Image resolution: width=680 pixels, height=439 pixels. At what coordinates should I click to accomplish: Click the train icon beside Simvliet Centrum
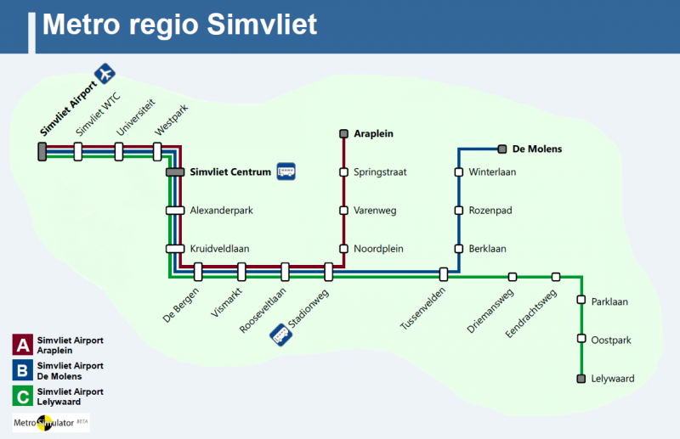click(x=286, y=172)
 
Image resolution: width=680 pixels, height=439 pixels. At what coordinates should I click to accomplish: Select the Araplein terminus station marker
click(x=343, y=133)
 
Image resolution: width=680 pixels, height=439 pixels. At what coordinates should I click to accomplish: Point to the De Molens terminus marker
click(x=502, y=149)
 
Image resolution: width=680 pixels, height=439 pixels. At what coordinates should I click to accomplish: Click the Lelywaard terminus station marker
click(x=581, y=379)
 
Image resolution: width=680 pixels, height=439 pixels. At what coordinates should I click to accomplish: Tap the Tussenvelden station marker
click(x=444, y=273)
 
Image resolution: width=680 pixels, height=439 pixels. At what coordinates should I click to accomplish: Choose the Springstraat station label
click(x=380, y=172)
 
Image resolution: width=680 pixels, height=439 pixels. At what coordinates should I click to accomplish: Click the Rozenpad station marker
click(x=459, y=211)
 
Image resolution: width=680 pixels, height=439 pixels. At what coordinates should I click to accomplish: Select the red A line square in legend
click(x=21, y=345)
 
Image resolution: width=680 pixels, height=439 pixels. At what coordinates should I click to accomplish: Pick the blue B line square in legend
click(x=21, y=370)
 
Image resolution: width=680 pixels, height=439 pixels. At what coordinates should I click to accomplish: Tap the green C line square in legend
click(x=21, y=397)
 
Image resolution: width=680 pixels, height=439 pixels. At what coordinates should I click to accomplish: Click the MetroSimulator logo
click(x=50, y=422)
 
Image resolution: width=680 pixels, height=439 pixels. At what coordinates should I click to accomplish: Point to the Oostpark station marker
click(x=581, y=340)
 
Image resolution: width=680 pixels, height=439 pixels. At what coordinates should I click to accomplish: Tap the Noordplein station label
click(x=378, y=249)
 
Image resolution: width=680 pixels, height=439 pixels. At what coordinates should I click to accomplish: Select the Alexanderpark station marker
click(x=175, y=211)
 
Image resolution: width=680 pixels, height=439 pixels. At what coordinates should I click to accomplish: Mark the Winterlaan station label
click(x=492, y=172)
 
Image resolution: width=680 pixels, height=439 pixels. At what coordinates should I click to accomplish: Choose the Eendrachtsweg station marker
click(x=556, y=277)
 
